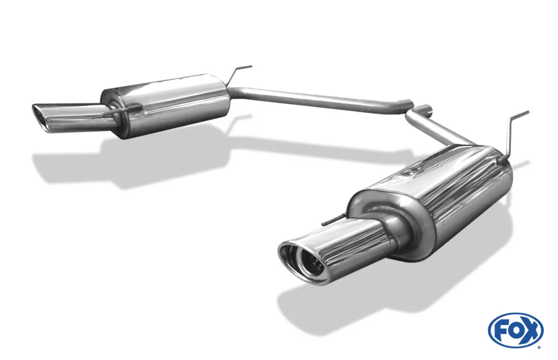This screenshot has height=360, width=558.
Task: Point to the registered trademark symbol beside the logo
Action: pos(538,347)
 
